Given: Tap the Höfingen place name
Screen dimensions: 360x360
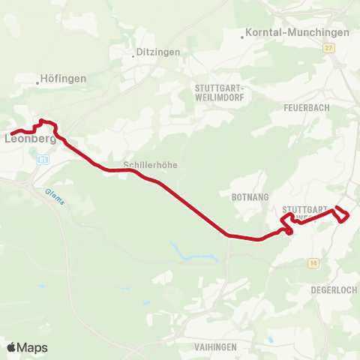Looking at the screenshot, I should pos(64,78).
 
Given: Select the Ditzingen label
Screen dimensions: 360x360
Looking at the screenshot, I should pos(156,53).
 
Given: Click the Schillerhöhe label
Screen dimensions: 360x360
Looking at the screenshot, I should pos(150,165).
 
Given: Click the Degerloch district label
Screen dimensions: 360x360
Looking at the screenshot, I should pos(334,289).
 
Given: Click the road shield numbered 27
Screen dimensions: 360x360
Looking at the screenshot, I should pos(328,47).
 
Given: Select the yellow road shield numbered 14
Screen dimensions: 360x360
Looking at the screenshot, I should pos(313,262).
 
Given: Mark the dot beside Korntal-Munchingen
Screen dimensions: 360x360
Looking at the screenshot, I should pos(243,34).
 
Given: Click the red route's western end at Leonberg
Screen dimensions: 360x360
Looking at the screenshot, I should pos(10,133).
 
